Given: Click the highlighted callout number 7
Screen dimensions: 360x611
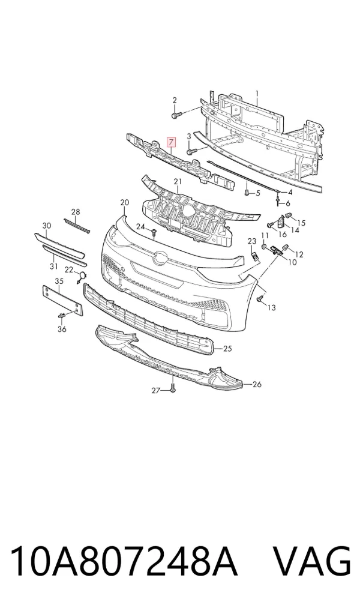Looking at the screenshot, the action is tap(172, 142).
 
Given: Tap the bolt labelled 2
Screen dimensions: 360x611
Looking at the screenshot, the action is tap(176, 115).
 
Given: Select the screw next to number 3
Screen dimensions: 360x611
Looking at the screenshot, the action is tap(191, 151).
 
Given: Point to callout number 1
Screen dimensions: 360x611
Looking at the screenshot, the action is tap(257, 93).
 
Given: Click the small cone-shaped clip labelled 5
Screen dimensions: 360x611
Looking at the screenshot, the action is tap(247, 192).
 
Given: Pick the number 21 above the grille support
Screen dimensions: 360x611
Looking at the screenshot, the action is tap(178, 181).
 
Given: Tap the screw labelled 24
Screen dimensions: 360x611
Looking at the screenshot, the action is tap(154, 233).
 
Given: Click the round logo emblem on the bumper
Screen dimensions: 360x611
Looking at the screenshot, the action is tap(160, 257).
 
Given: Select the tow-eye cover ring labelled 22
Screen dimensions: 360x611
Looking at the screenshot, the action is tap(82, 277).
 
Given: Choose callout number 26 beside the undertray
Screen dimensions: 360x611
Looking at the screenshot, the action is tap(257, 385).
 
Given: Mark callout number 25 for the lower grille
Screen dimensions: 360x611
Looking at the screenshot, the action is tap(227, 348).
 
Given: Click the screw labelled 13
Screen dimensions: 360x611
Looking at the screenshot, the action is tap(259, 299).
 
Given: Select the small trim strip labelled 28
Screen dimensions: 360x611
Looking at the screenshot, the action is tap(77, 226).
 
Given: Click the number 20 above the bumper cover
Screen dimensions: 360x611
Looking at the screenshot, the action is tap(125, 202).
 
